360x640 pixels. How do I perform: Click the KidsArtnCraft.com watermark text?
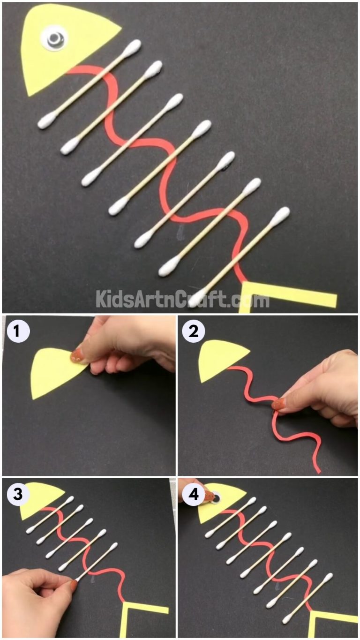coord(183,298)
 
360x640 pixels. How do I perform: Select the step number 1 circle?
coord(18,332)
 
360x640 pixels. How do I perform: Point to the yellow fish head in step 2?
coord(218,359)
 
